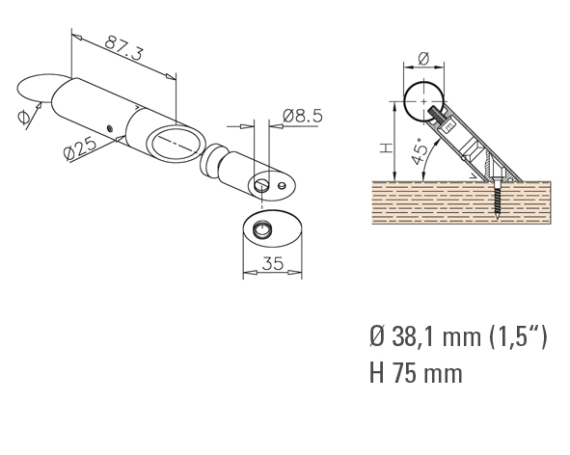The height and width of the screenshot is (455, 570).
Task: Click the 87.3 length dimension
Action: [123, 48]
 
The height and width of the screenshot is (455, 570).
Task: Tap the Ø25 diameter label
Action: [80, 147]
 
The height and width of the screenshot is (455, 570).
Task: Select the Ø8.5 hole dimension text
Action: [303, 116]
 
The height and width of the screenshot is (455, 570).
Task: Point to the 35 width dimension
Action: [272, 263]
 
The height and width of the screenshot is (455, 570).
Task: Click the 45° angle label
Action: [420, 151]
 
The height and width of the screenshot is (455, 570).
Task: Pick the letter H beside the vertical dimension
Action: [387, 147]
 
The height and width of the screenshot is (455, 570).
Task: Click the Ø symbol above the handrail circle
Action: [423, 59]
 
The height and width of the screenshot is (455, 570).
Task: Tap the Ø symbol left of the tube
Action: [23, 117]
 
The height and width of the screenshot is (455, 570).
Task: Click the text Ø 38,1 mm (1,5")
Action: [458, 336]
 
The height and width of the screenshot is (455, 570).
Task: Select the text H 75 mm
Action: [416, 373]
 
